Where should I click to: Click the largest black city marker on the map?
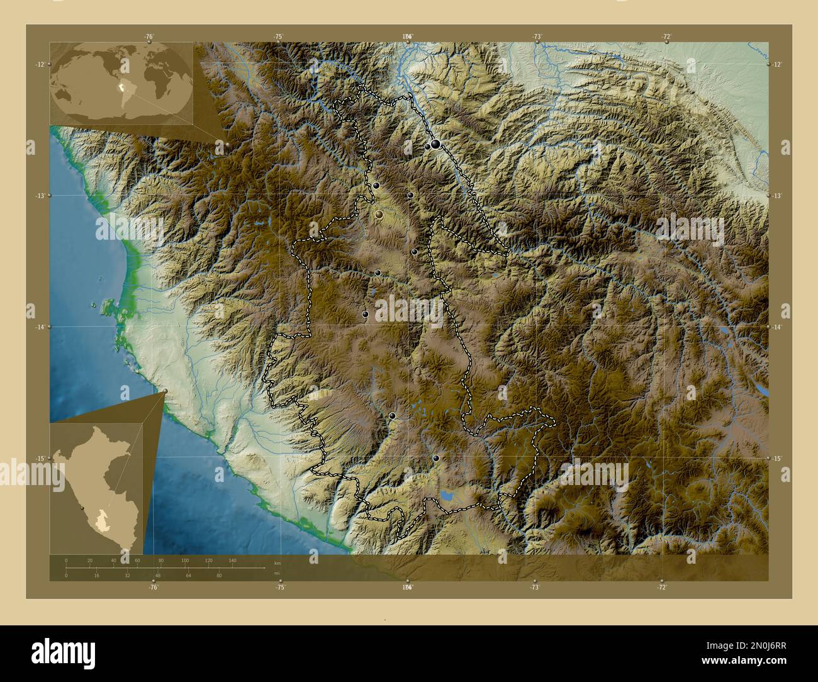point(435,145)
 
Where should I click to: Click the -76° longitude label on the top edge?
point(149,36)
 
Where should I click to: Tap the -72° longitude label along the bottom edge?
point(661,586)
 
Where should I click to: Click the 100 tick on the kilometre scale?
point(184,560)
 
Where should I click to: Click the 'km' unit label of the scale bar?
point(277,562)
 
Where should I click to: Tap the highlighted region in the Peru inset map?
point(102,522)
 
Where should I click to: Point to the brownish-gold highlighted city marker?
point(379,215)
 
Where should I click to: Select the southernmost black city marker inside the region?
point(436,458)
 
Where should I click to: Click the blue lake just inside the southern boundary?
point(448,496)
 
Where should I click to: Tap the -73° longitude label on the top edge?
point(537,36)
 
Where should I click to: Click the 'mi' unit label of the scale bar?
point(277,573)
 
